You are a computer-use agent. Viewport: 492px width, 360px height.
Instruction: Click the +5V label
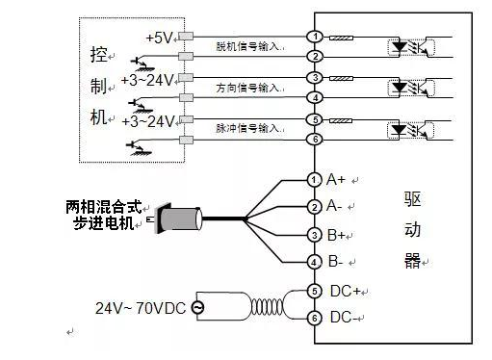click(158, 37)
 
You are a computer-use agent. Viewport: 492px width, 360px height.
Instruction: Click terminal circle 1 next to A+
click(314, 180)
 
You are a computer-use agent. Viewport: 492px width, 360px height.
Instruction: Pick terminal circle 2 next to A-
click(314, 207)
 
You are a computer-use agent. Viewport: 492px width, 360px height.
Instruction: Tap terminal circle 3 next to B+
click(314, 235)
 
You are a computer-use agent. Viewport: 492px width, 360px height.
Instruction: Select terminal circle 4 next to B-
click(314, 262)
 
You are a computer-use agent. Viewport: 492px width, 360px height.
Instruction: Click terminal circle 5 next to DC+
click(314, 291)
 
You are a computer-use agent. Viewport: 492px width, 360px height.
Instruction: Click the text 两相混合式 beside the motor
click(103, 206)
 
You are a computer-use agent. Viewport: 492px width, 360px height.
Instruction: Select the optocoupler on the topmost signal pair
click(405, 45)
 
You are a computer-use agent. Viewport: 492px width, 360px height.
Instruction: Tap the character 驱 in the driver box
click(414, 200)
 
